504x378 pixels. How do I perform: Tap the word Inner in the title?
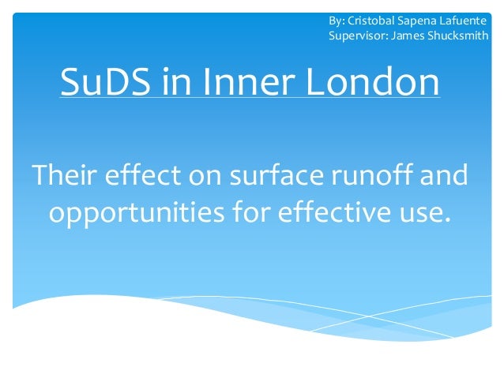click(231, 83)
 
